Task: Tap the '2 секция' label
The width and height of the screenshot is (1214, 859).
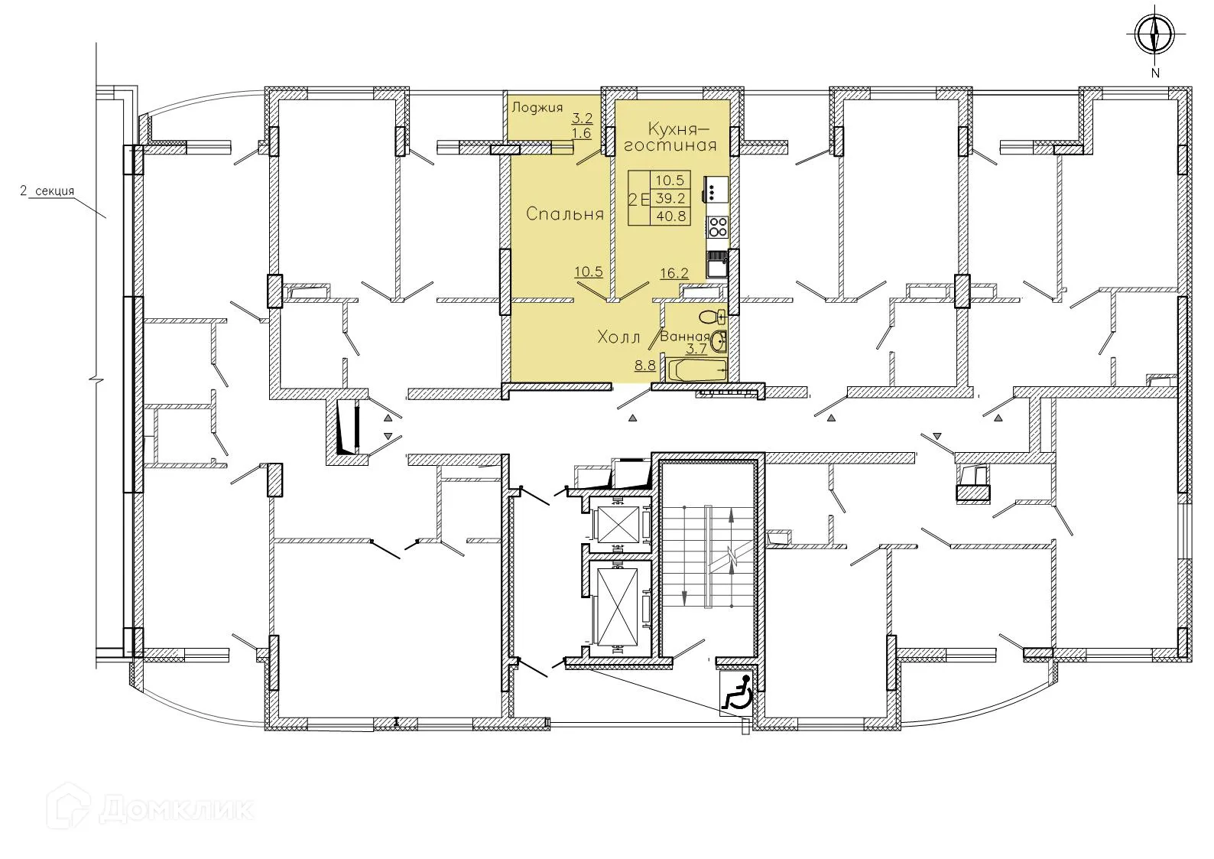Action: pos(47,191)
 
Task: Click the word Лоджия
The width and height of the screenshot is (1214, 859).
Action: pos(537,108)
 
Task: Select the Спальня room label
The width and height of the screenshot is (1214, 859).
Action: pos(564,215)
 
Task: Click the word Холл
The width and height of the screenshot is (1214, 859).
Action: pos(618,337)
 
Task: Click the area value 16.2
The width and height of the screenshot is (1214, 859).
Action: pos(674,272)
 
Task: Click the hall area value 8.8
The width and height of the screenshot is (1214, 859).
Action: pos(644,366)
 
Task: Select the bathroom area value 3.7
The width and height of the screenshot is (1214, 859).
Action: pos(696,350)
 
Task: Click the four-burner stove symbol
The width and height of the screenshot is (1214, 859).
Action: pos(718,226)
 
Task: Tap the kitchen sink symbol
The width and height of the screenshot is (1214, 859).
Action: pos(719,267)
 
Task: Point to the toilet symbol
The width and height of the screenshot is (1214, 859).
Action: pos(712,317)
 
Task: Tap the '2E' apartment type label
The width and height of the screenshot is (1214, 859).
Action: pos(638,199)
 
